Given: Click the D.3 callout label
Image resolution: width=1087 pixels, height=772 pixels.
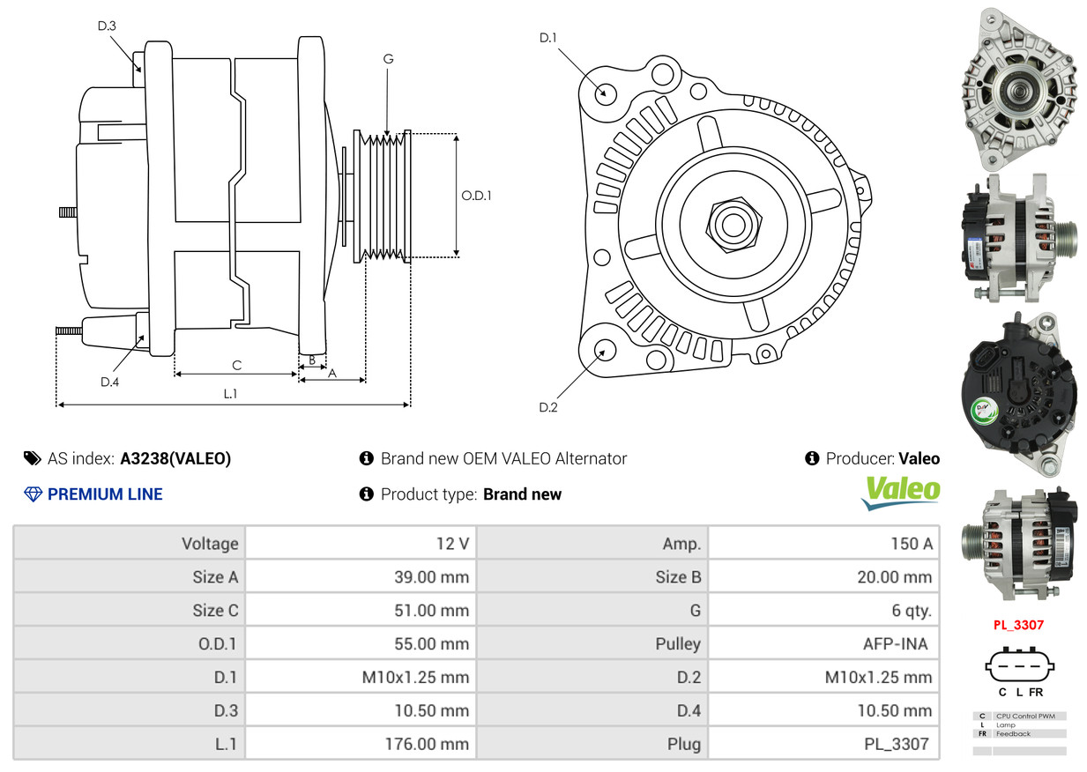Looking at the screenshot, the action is (x=107, y=26).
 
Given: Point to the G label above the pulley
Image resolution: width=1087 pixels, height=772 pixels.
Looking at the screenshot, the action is (x=388, y=59).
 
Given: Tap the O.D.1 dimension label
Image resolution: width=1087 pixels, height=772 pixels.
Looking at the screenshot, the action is (x=476, y=196).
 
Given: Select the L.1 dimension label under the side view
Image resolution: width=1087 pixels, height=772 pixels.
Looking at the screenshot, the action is (x=230, y=394).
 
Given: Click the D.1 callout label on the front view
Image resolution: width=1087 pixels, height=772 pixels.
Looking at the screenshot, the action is (x=547, y=37).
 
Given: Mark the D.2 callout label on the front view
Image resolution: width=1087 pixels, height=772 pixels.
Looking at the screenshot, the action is (x=547, y=407).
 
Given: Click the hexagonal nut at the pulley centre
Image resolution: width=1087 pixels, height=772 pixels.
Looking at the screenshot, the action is (x=733, y=225).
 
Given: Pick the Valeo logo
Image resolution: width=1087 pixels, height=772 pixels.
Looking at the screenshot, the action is (x=901, y=493).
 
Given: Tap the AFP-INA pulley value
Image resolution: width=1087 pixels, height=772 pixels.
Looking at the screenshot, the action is (x=895, y=644).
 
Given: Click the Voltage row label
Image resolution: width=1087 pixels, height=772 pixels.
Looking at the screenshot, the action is (x=210, y=544).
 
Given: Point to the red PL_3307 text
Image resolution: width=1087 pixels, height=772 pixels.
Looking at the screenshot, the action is (x=1018, y=625).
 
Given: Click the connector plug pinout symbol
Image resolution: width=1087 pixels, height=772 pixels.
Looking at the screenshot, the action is (x=1019, y=665).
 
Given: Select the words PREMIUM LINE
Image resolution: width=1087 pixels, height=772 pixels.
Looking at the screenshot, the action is (x=105, y=494).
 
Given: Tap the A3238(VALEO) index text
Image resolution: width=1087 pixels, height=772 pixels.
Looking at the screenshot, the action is (x=175, y=458).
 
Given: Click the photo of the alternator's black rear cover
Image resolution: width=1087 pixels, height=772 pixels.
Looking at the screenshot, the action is (x=1019, y=394).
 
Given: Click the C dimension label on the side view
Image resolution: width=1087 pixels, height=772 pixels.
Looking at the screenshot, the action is (x=237, y=366).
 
